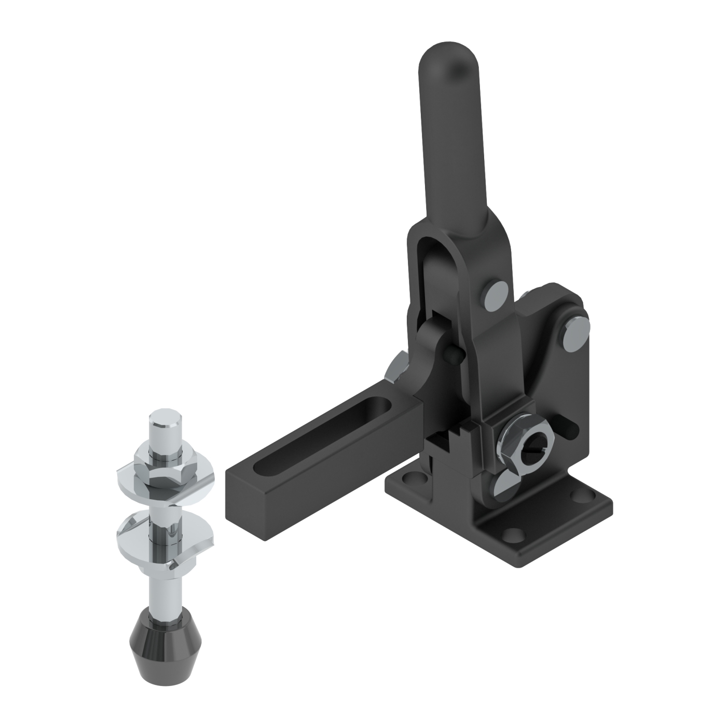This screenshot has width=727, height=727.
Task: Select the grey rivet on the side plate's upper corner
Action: (575, 337)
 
